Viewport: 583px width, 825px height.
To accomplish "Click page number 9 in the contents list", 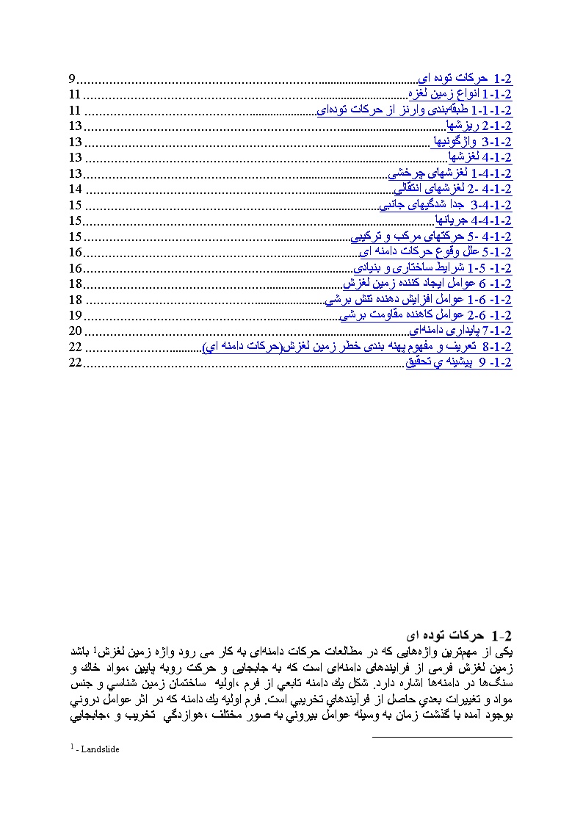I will click(72, 79).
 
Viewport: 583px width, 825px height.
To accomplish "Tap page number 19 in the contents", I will click(75, 315).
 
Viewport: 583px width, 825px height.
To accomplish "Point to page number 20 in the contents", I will click(75, 331).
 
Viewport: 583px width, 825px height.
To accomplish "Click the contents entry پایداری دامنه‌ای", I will click(460, 331).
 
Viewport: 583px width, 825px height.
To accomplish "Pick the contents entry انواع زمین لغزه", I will click(460, 95).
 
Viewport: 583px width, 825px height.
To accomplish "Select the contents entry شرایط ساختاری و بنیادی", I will click(432, 268).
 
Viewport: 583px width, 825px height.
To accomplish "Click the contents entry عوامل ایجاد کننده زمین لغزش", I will click(427, 284).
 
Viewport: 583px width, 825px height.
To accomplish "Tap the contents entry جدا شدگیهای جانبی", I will click(445, 205).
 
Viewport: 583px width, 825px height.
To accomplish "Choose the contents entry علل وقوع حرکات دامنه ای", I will click(433, 252).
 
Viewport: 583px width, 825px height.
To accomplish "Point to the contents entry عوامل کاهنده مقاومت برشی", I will click(425, 315).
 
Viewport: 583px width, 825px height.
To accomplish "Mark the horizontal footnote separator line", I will click(442, 737).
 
